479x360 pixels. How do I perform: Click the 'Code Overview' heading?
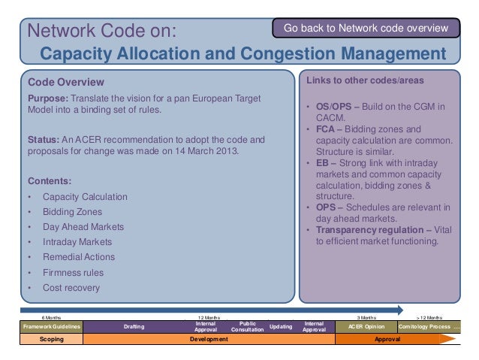pos(66,81)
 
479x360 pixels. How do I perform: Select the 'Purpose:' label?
pos(50,99)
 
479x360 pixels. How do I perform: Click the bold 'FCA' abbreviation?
pos(325,129)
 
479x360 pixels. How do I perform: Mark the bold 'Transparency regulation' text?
pos(371,230)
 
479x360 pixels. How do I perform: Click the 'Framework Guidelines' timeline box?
pos(52,326)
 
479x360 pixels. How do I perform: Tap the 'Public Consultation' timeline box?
pos(247,326)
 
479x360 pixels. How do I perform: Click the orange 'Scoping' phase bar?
pos(52,340)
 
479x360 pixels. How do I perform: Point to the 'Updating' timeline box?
pos(280,326)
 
